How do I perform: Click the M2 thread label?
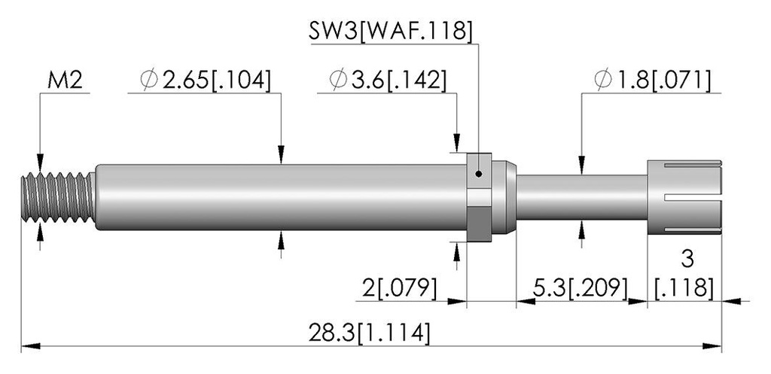pos(65,81)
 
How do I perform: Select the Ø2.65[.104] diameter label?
pos(205,81)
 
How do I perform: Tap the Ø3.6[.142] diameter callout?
pos(388,81)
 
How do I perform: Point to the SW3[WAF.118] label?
pos(391,32)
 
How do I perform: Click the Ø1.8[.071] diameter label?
pos(652,81)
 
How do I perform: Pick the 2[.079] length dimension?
pos(400,288)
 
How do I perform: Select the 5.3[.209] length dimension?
pos(581,288)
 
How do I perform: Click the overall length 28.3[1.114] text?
pos(369,333)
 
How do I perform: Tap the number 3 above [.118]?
pos(687,259)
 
